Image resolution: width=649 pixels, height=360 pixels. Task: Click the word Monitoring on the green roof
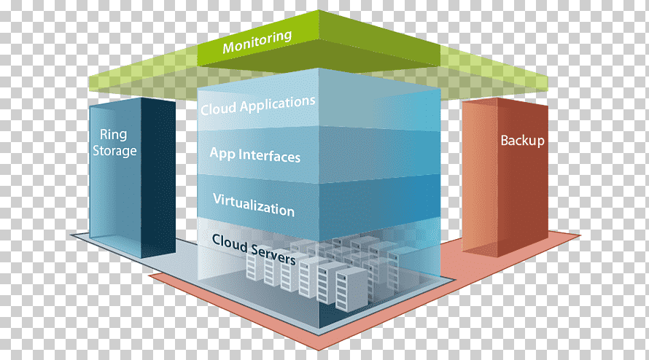(x=257, y=42)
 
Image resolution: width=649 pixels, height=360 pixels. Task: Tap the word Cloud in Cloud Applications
(x=219, y=109)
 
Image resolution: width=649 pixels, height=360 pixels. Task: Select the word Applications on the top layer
(x=277, y=104)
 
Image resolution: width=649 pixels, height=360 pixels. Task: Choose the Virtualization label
(x=254, y=205)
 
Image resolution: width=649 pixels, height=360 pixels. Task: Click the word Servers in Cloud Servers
(x=273, y=254)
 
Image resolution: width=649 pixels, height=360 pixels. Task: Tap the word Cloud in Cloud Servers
(x=230, y=242)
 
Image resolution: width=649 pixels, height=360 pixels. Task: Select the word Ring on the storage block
(x=114, y=135)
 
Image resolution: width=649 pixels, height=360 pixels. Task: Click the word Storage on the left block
(x=114, y=151)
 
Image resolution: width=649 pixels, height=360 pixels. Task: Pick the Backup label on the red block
(x=522, y=141)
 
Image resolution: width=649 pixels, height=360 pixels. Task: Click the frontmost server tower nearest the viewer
(x=350, y=289)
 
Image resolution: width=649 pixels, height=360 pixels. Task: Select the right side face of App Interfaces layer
(x=379, y=156)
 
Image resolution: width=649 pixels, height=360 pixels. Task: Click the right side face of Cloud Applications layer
(x=379, y=101)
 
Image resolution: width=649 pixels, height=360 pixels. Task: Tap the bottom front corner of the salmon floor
(x=319, y=350)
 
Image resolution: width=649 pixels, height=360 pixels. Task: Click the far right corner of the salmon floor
(x=580, y=235)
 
